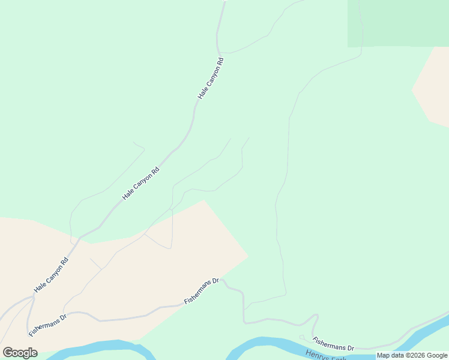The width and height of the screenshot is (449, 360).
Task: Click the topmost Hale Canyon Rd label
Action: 211,78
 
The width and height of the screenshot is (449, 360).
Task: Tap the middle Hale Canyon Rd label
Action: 140,183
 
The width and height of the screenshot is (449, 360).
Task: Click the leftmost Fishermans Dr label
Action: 47,325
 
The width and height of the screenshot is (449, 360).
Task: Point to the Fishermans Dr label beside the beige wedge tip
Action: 202,291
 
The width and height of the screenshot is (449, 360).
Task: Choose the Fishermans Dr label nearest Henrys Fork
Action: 334,344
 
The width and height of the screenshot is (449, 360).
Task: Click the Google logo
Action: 20,353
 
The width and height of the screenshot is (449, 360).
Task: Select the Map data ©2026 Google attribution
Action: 412,355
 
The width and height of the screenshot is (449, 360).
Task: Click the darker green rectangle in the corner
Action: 398,23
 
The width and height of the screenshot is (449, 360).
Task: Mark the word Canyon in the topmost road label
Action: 210,80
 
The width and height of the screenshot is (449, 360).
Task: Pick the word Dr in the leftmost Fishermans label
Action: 62,316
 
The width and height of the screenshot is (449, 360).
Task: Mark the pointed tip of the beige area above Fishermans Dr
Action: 247,257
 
